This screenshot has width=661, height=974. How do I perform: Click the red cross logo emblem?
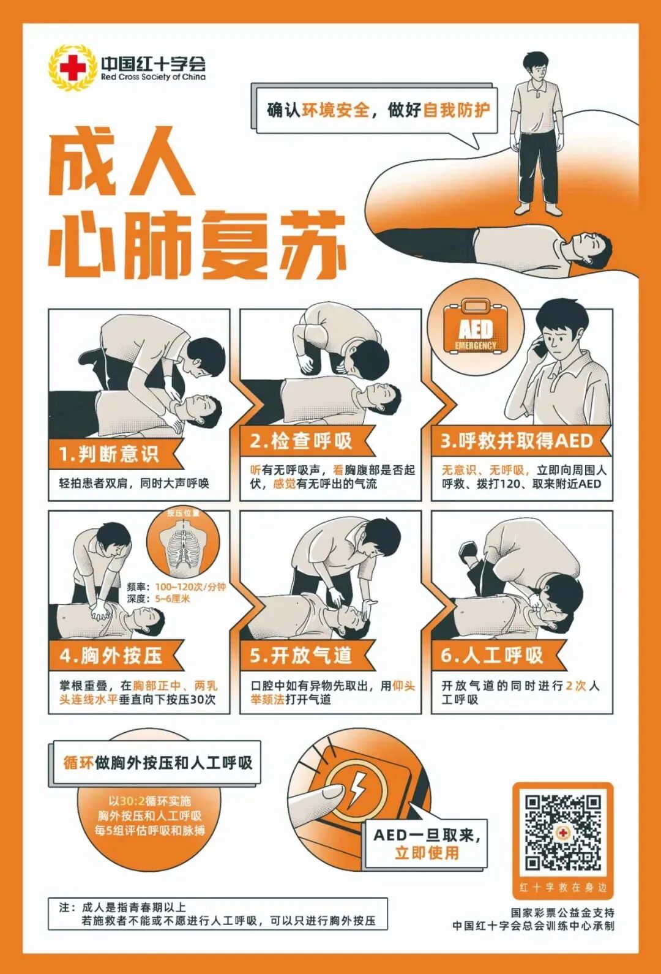72,68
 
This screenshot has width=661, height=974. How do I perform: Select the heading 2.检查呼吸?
301,441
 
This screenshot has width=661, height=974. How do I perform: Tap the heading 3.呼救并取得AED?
517,441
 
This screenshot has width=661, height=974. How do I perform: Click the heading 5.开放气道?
301,656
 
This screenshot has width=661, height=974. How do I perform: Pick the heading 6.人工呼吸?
492,656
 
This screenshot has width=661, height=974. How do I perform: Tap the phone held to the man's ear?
540,347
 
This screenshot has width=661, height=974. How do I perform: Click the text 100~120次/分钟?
190,586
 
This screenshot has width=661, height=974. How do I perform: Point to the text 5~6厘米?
172,599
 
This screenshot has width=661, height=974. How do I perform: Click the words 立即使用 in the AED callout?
427,852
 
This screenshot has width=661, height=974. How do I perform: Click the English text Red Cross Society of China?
153,77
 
